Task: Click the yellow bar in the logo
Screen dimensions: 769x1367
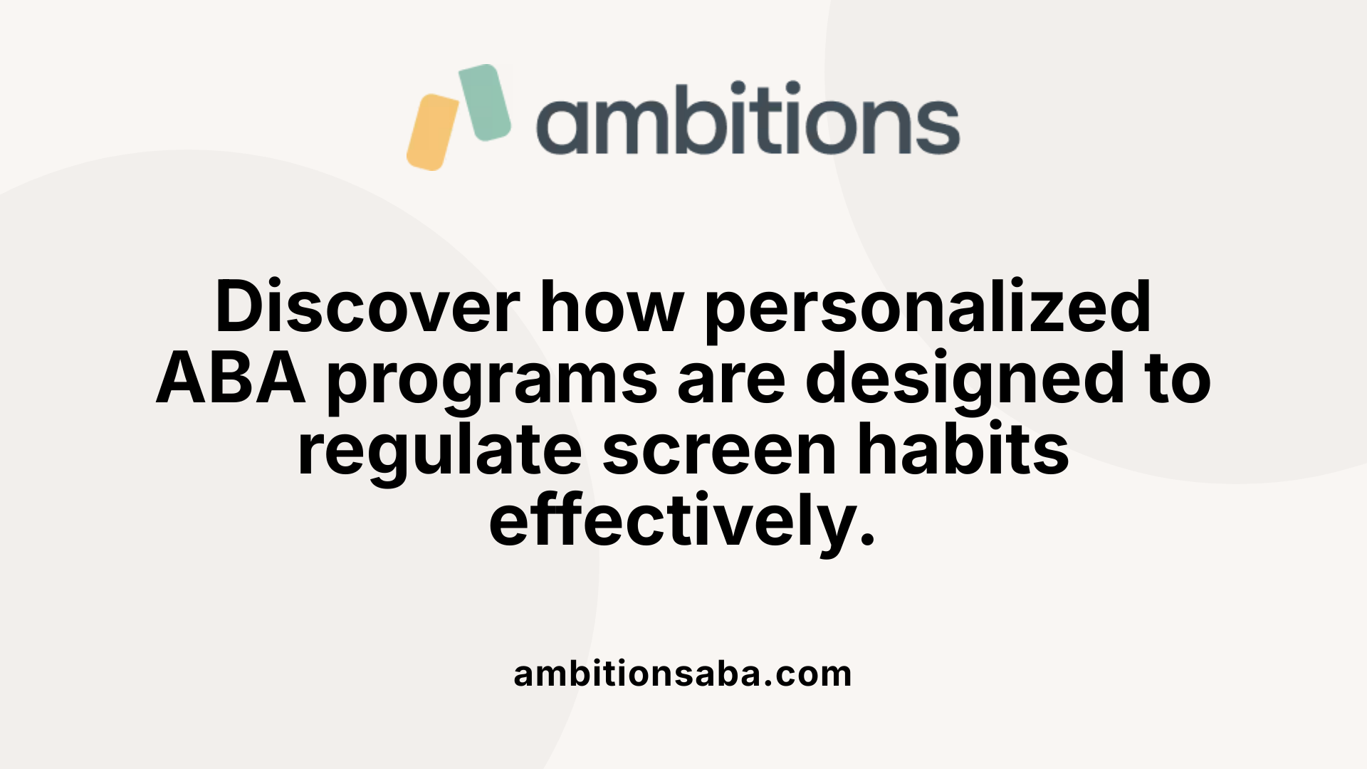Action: coord(433,132)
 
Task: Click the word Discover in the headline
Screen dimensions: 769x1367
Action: coord(367,307)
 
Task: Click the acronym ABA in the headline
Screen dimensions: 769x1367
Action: coord(231,379)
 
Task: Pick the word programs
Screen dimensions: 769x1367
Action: coord(492,379)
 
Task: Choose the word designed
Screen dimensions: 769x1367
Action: coord(955,379)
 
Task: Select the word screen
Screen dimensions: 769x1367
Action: coord(719,450)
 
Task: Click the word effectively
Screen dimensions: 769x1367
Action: coord(673,521)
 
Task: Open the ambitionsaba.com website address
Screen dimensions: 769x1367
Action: coord(683,674)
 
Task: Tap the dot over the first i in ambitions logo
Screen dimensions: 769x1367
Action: coord(738,89)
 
